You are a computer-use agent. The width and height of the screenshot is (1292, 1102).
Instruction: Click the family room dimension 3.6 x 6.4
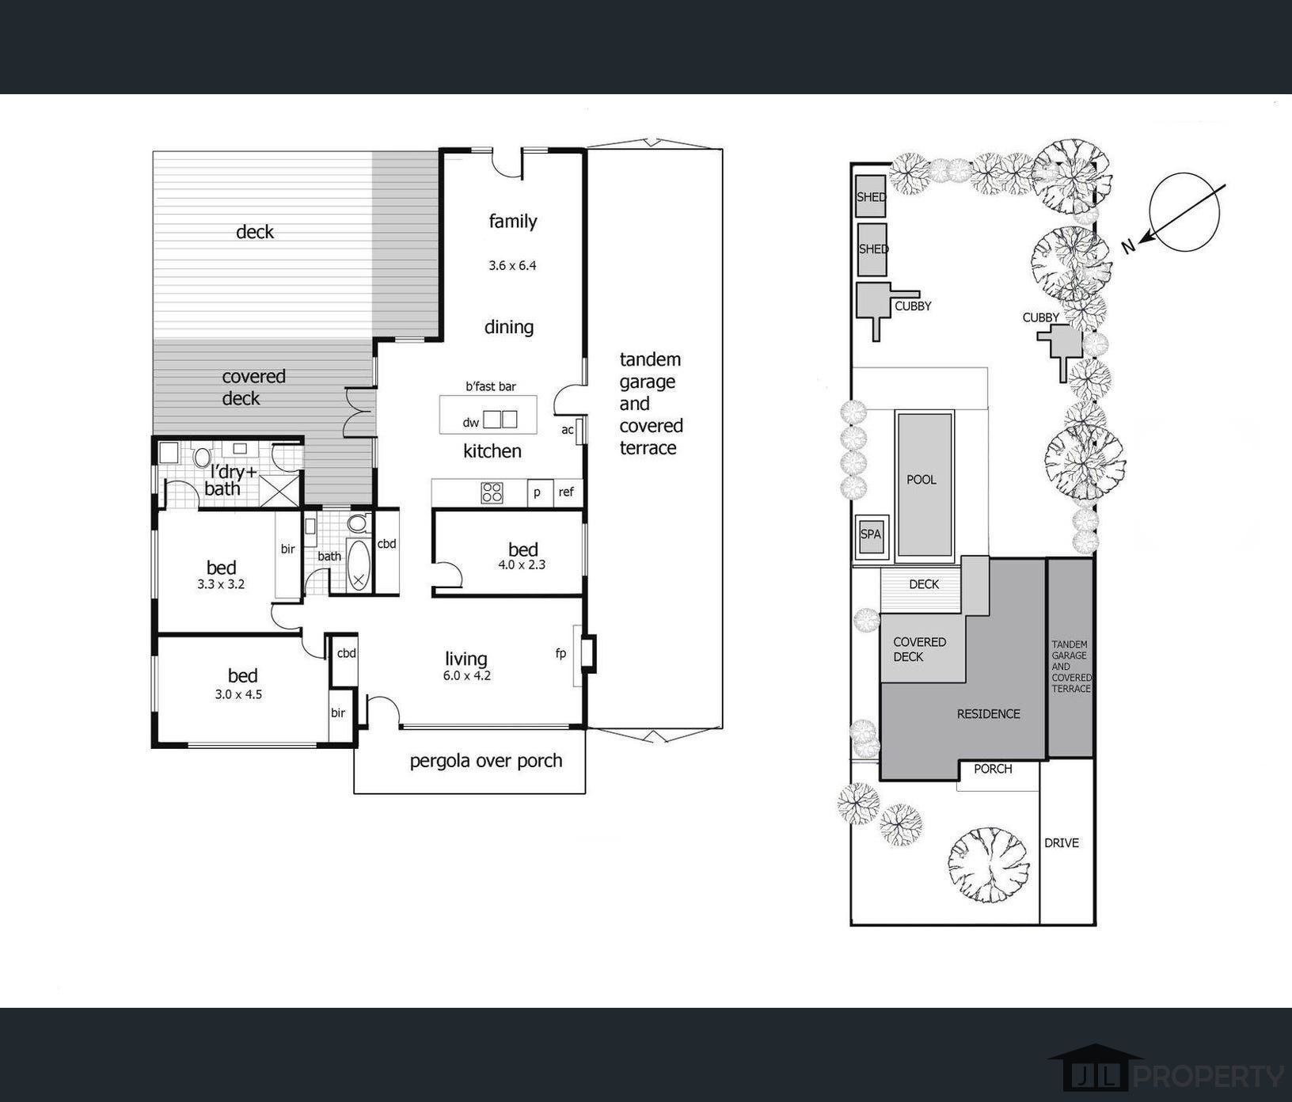512,265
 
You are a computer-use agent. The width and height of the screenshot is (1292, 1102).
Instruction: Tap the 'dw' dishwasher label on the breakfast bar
471,423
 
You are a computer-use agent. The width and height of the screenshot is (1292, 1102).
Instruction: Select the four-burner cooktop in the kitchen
492,492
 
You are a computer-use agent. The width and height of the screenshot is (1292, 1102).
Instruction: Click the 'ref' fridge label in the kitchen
566,492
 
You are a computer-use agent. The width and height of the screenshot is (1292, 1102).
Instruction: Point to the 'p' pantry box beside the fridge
538,492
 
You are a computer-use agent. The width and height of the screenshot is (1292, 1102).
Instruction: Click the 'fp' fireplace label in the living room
561,653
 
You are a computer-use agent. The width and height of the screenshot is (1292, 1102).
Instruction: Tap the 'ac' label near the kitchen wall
567,430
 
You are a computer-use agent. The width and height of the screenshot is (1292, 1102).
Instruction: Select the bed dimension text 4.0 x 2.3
522,564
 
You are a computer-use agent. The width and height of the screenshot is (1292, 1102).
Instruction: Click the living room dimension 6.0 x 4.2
467,675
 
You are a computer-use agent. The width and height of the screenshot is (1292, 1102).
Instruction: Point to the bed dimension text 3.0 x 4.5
238,694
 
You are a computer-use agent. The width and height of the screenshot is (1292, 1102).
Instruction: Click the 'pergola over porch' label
486,761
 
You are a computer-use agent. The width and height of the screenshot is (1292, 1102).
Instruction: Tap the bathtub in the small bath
359,565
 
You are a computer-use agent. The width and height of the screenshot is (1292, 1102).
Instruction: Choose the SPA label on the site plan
871,534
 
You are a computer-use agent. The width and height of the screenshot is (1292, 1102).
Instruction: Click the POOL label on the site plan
921,480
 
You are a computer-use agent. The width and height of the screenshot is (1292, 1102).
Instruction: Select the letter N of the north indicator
1129,246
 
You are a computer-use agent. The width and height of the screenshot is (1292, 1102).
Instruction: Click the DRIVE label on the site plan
1062,843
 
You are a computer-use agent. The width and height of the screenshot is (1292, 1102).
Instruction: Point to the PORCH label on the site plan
993,769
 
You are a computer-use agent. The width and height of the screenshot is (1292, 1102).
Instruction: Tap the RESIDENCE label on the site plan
989,714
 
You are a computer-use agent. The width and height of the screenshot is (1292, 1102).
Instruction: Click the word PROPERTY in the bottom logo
1209,1077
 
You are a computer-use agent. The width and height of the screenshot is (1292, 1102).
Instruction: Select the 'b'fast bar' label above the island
491,386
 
